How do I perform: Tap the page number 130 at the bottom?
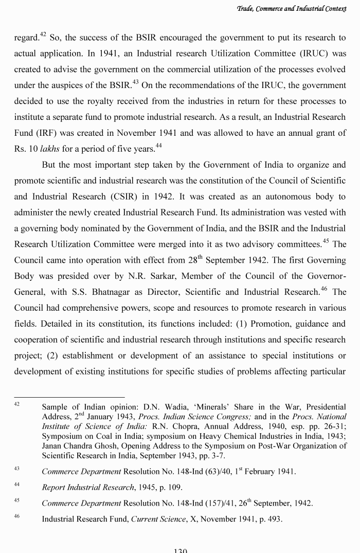click(180, 550)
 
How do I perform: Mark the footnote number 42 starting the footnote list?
click(17, 405)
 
